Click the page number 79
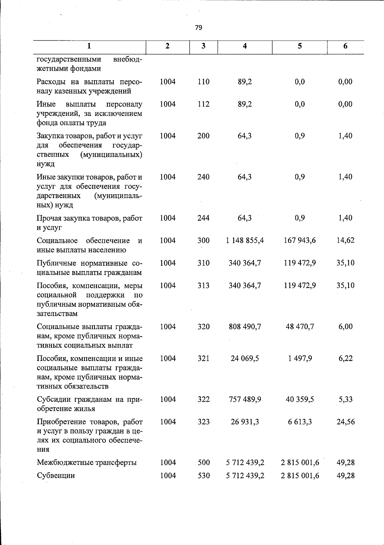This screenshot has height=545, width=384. point(198,28)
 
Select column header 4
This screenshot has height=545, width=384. point(245,46)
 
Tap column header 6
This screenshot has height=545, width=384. point(345,46)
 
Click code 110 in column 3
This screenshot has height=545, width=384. point(204,82)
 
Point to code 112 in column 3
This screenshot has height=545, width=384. point(204,104)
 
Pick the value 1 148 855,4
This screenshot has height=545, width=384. point(245,240)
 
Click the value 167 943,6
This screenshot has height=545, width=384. point(300,240)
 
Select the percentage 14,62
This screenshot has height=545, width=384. point(345,240)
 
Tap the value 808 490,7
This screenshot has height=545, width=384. point(245,327)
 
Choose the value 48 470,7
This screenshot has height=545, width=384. point(300,327)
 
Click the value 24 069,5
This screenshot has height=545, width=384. point(245,358)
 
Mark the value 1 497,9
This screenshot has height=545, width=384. point(300,358)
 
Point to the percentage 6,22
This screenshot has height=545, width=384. point(345,358)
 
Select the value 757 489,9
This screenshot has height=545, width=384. point(245,399)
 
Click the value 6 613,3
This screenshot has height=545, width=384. point(300,422)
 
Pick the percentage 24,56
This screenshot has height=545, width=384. point(345,422)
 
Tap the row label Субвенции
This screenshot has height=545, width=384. point(56,476)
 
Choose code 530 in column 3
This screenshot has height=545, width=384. point(204,476)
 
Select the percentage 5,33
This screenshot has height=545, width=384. point(345,399)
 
